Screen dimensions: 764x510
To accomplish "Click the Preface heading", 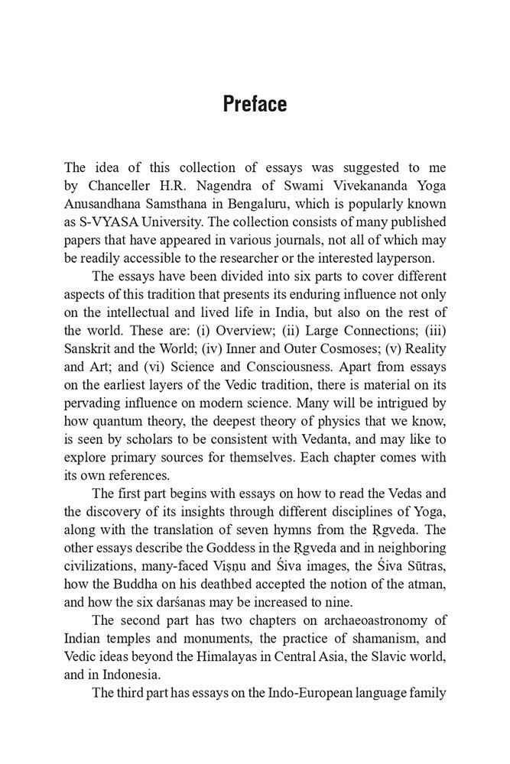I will pyautogui.click(x=255, y=104).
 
